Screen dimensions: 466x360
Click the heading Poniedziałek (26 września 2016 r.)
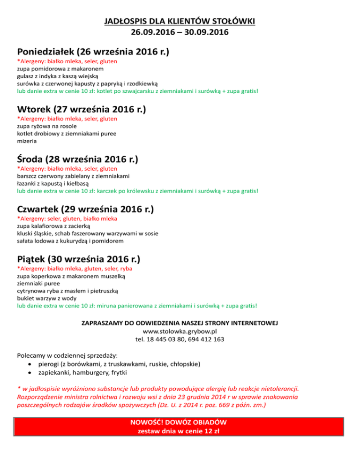click(x=93, y=51)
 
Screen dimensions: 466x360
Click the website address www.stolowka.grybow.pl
click(x=180, y=331)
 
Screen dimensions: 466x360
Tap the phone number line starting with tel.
click(x=180, y=339)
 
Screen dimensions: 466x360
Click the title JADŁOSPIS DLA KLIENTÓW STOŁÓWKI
click(x=180, y=22)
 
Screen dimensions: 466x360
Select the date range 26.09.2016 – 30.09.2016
click(x=180, y=33)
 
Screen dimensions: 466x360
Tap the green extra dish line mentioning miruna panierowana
click(x=137, y=305)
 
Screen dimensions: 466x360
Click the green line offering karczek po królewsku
click(x=137, y=191)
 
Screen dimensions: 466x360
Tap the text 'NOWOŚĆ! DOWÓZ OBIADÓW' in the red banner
click(x=180, y=422)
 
